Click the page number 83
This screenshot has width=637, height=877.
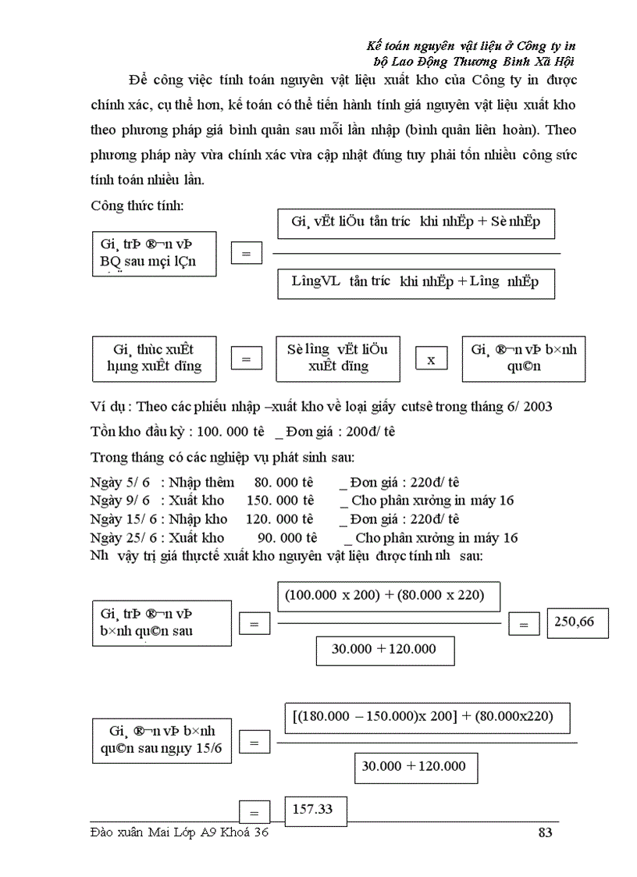(x=545, y=832)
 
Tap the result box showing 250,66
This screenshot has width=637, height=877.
(x=578, y=622)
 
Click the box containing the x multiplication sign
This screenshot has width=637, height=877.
(x=431, y=359)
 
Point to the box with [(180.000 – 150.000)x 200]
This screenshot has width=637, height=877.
(x=427, y=716)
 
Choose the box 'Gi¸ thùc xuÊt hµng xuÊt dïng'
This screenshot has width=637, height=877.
(x=153, y=358)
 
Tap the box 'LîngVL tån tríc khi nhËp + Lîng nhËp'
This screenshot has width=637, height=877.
(x=415, y=282)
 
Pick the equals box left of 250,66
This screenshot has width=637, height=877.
(x=524, y=624)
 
